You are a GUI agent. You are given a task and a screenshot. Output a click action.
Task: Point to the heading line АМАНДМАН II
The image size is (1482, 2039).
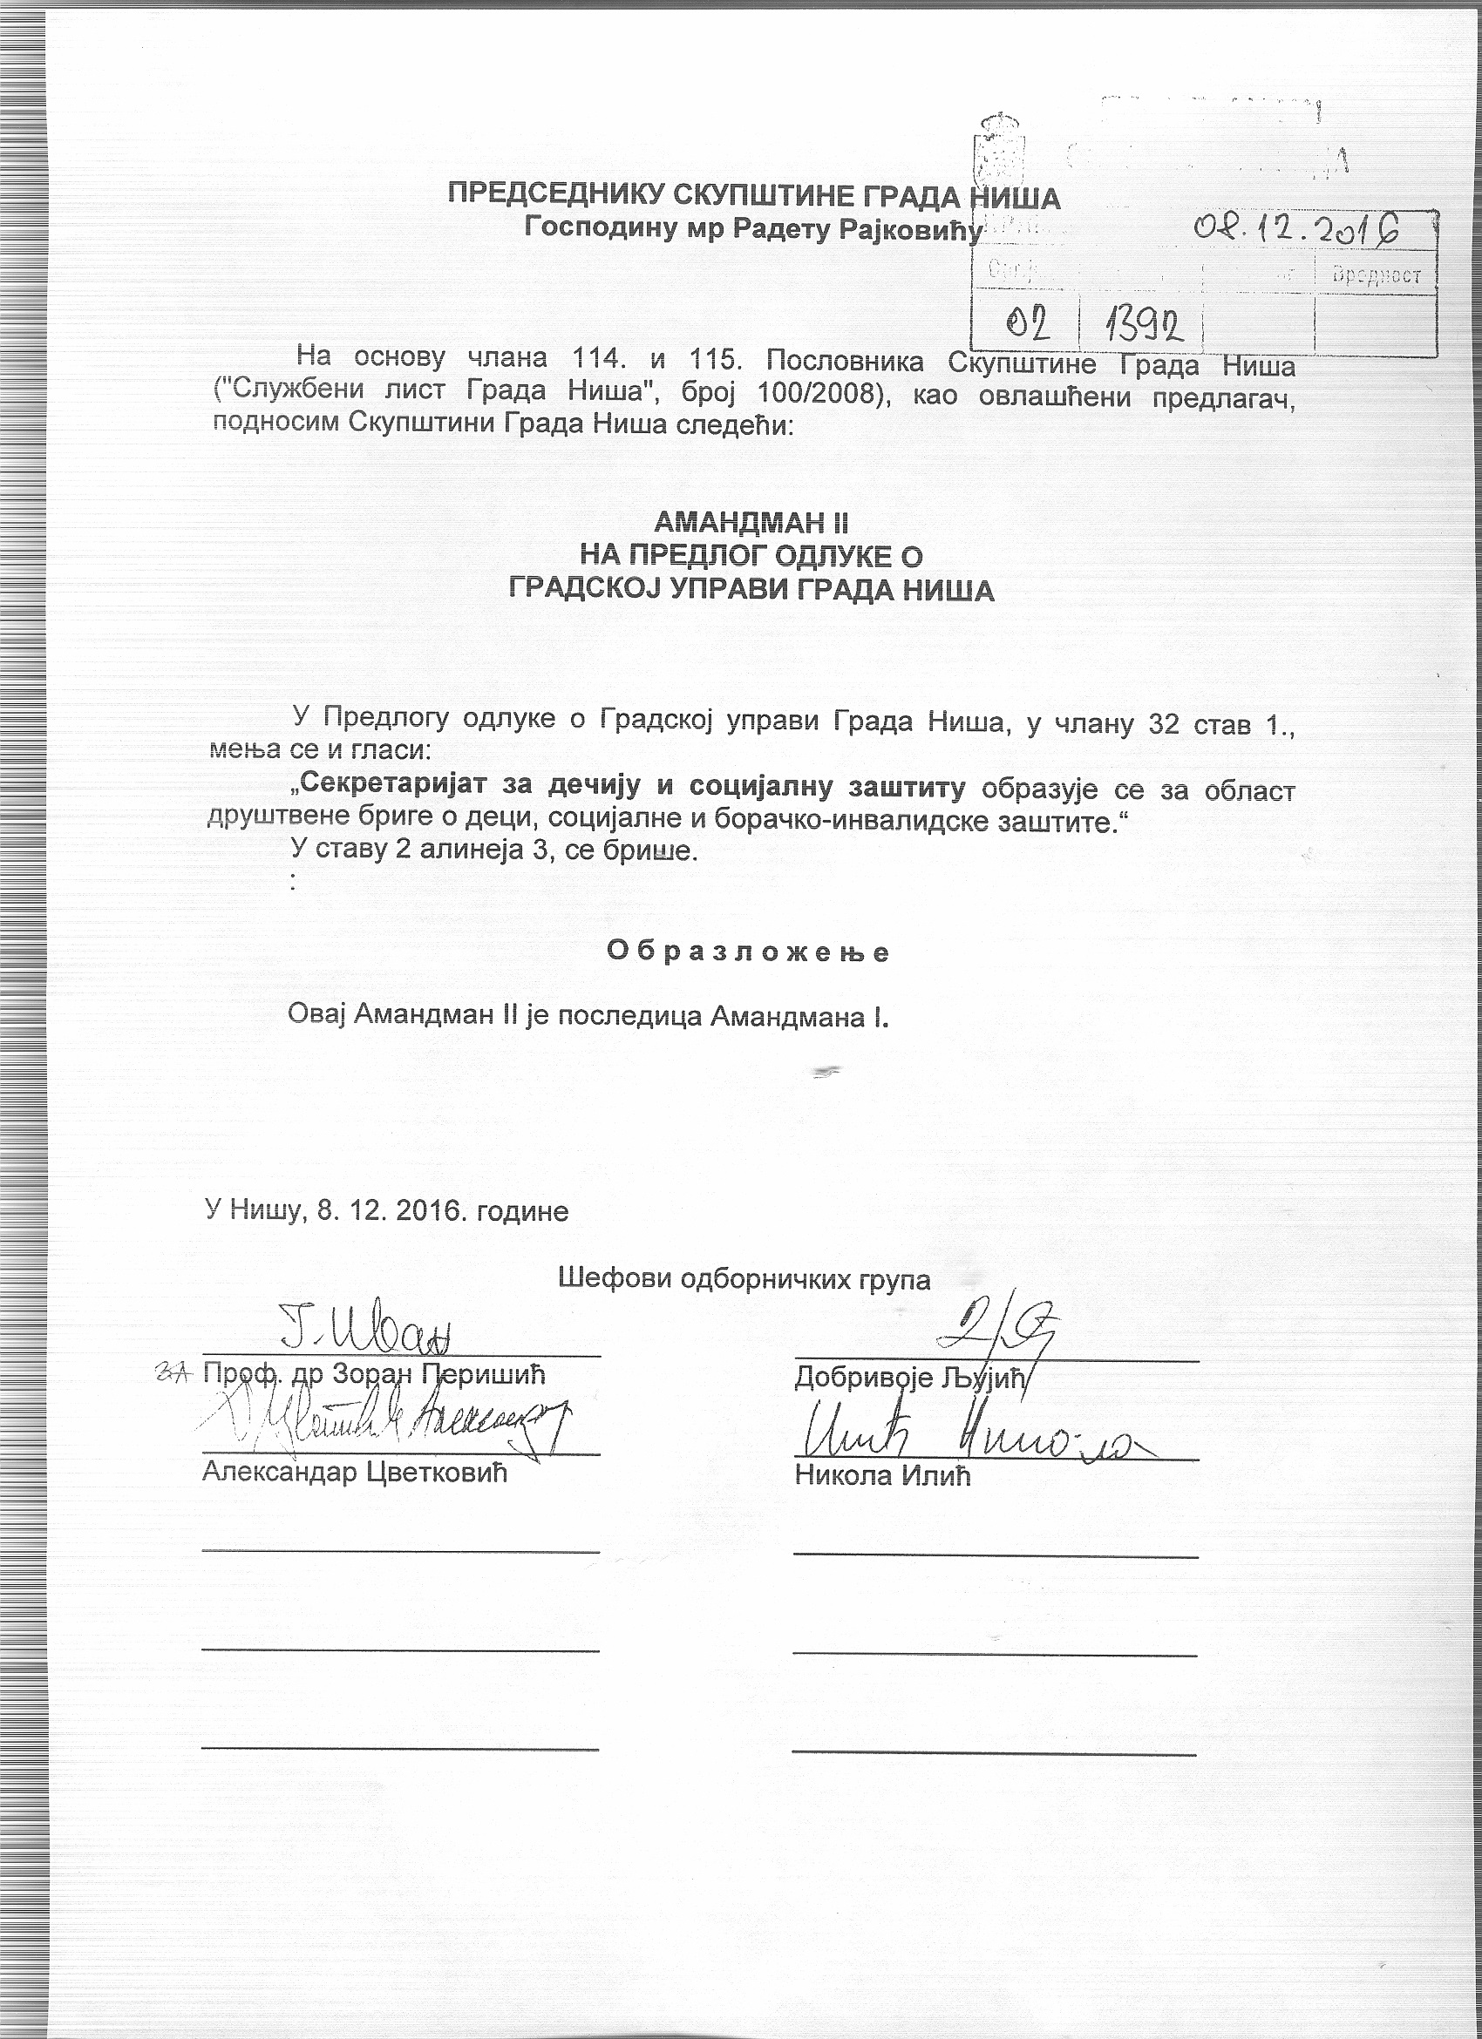pyautogui.click(x=751, y=522)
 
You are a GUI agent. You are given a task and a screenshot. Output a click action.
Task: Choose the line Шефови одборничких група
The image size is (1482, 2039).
pyautogui.click(x=744, y=1278)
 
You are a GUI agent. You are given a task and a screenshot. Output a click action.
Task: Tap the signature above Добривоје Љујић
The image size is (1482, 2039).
pyautogui.click(x=995, y=1330)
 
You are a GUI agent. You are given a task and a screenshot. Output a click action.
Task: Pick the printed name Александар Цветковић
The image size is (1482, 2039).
pyautogui.click(x=355, y=1472)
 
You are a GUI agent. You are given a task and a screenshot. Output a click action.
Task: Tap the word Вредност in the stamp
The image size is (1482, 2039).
pyautogui.click(x=1377, y=275)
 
